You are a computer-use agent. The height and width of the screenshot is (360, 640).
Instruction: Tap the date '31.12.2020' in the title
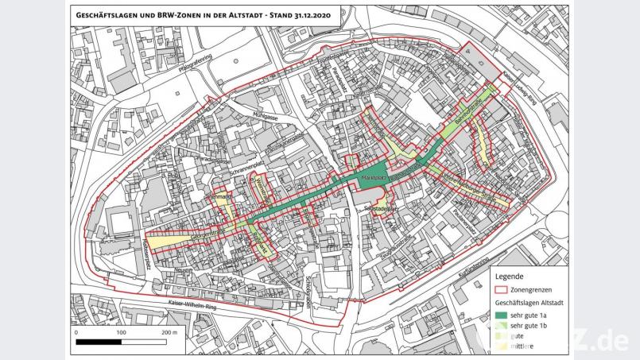(306, 14)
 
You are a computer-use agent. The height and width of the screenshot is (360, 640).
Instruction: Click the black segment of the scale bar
(99, 343)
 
